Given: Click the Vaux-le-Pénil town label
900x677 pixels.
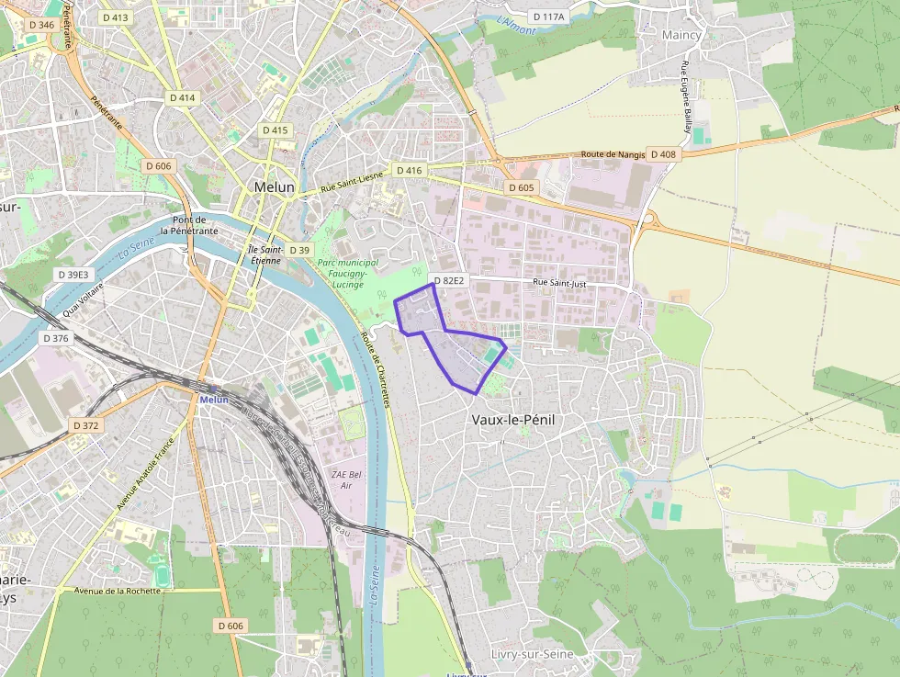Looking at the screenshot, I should click(512, 420).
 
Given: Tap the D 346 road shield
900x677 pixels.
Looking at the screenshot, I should click(41, 25).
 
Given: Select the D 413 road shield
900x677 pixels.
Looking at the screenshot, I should click(116, 17).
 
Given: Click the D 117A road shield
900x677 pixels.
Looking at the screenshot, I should click(549, 17).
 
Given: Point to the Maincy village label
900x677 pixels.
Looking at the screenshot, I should click(681, 35).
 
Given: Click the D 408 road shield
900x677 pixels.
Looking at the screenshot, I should click(663, 154).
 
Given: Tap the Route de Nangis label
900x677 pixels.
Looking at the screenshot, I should click(613, 155).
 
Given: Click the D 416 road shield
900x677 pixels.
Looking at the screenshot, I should click(409, 171).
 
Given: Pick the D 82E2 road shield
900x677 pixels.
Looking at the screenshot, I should click(449, 280).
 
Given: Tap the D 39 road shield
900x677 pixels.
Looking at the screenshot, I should click(299, 250).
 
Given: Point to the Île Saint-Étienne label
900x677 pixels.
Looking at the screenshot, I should click(264, 254).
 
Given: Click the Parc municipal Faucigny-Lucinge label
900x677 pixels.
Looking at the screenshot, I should click(342, 274).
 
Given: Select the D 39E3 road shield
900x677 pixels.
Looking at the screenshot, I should click(73, 275).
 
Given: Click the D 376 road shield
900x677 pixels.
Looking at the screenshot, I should click(56, 338).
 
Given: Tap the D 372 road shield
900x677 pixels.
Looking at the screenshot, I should click(84, 425).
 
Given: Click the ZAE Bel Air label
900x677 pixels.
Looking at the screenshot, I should click(342, 479).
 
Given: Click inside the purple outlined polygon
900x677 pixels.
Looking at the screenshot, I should click(459, 354).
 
